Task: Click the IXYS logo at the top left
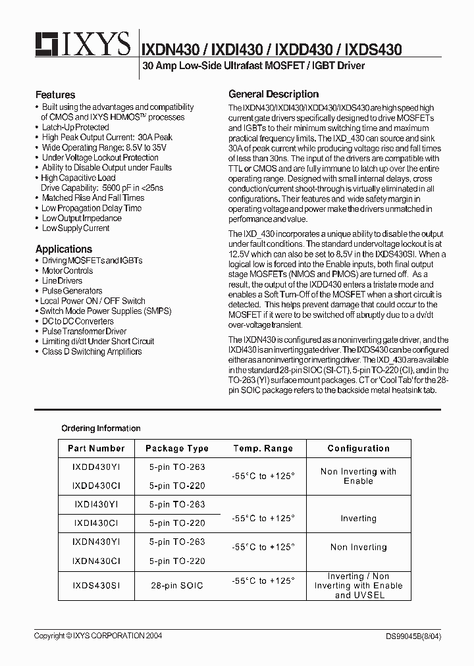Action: click(82, 45)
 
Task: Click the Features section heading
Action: click(55, 95)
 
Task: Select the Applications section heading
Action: click(64, 249)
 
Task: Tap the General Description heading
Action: click(273, 94)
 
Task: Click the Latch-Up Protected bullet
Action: click(75, 127)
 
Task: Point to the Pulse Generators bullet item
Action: click(72, 291)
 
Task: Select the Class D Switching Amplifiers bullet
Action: click(92, 351)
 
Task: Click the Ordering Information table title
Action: click(101, 428)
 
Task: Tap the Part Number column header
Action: click(96, 448)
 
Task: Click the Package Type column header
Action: click(177, 448)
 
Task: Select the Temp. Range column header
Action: click(263, 448)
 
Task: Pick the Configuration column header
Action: click(358, 448)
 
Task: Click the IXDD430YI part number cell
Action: click(96, 467)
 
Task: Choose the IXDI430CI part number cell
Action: click(96, 523)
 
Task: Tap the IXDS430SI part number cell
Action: click(96, 585)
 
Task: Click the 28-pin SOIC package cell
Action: click(177, 585)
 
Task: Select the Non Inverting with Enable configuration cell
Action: click(358, 476)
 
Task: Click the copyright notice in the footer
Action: click(98, 636)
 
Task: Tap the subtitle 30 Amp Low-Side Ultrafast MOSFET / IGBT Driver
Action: click(253, 66)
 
